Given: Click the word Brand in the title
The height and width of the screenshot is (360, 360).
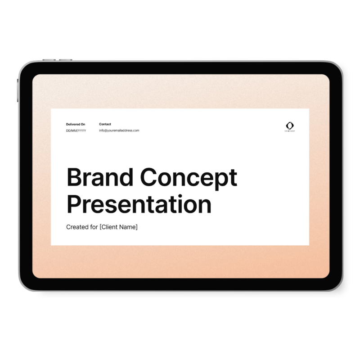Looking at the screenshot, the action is point(100,177).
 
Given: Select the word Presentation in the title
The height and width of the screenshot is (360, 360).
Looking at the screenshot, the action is point(139,204).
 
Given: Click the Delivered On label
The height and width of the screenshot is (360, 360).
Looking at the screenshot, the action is point(76,124).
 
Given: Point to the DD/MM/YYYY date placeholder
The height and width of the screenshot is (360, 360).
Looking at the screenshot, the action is point(76,130).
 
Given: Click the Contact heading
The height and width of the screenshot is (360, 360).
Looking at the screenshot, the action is point(105,124).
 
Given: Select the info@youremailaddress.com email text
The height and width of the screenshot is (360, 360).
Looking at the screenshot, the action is point(119,130).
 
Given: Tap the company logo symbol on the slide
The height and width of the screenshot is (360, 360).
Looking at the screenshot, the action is point(290,126).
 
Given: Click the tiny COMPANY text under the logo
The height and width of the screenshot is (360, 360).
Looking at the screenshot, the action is point(290,131).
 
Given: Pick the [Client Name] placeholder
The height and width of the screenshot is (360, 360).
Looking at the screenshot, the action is point(118,227).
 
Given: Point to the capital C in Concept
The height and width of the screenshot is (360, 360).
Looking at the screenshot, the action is point(149,177).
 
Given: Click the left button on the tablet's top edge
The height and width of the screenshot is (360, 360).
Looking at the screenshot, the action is point(49,60).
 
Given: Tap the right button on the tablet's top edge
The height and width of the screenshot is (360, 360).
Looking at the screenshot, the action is point(66,60).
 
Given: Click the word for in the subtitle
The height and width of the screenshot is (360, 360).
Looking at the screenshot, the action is point(94,227).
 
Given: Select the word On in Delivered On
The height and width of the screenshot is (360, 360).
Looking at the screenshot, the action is point(83,124).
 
